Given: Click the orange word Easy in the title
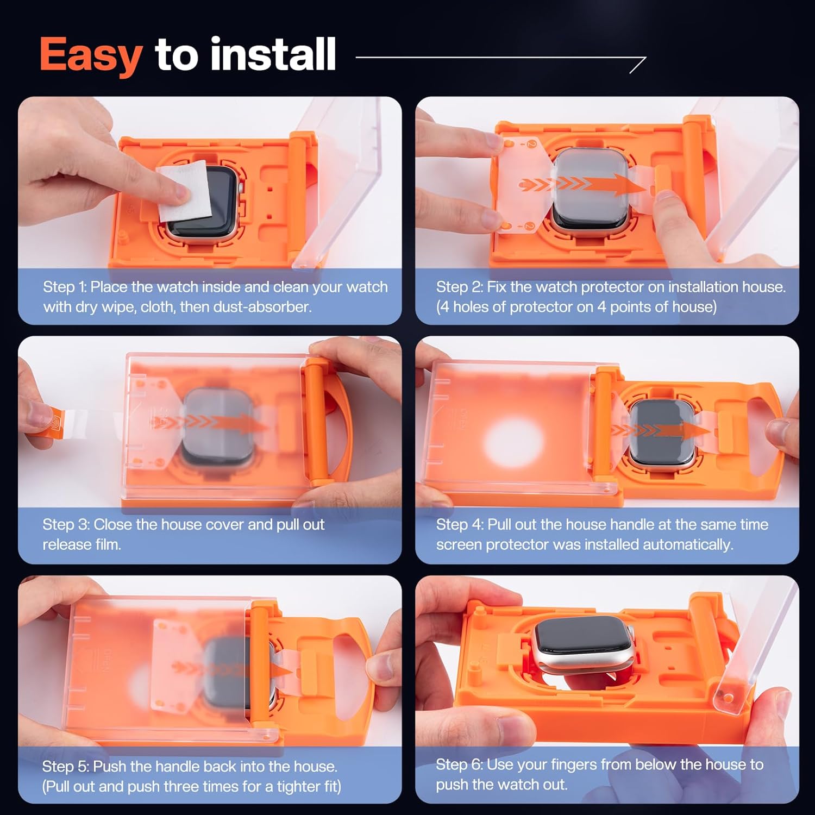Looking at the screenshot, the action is (91, 56).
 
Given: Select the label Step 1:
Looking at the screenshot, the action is (65, 287).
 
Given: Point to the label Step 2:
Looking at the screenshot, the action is (459, 287).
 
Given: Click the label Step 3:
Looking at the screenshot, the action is (66, 524).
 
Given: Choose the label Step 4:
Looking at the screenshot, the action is (460, 524).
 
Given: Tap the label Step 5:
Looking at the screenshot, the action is (66, 767).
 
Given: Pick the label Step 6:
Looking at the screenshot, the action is (460, 764).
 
